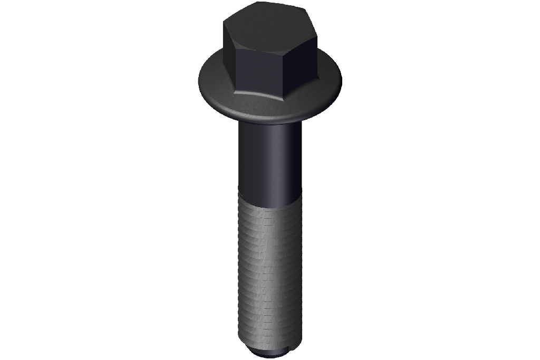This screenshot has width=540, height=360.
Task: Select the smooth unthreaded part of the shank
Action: point(269,158)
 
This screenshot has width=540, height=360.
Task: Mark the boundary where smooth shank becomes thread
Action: point(269,197)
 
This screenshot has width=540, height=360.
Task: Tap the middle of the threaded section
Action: point(269,269)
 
